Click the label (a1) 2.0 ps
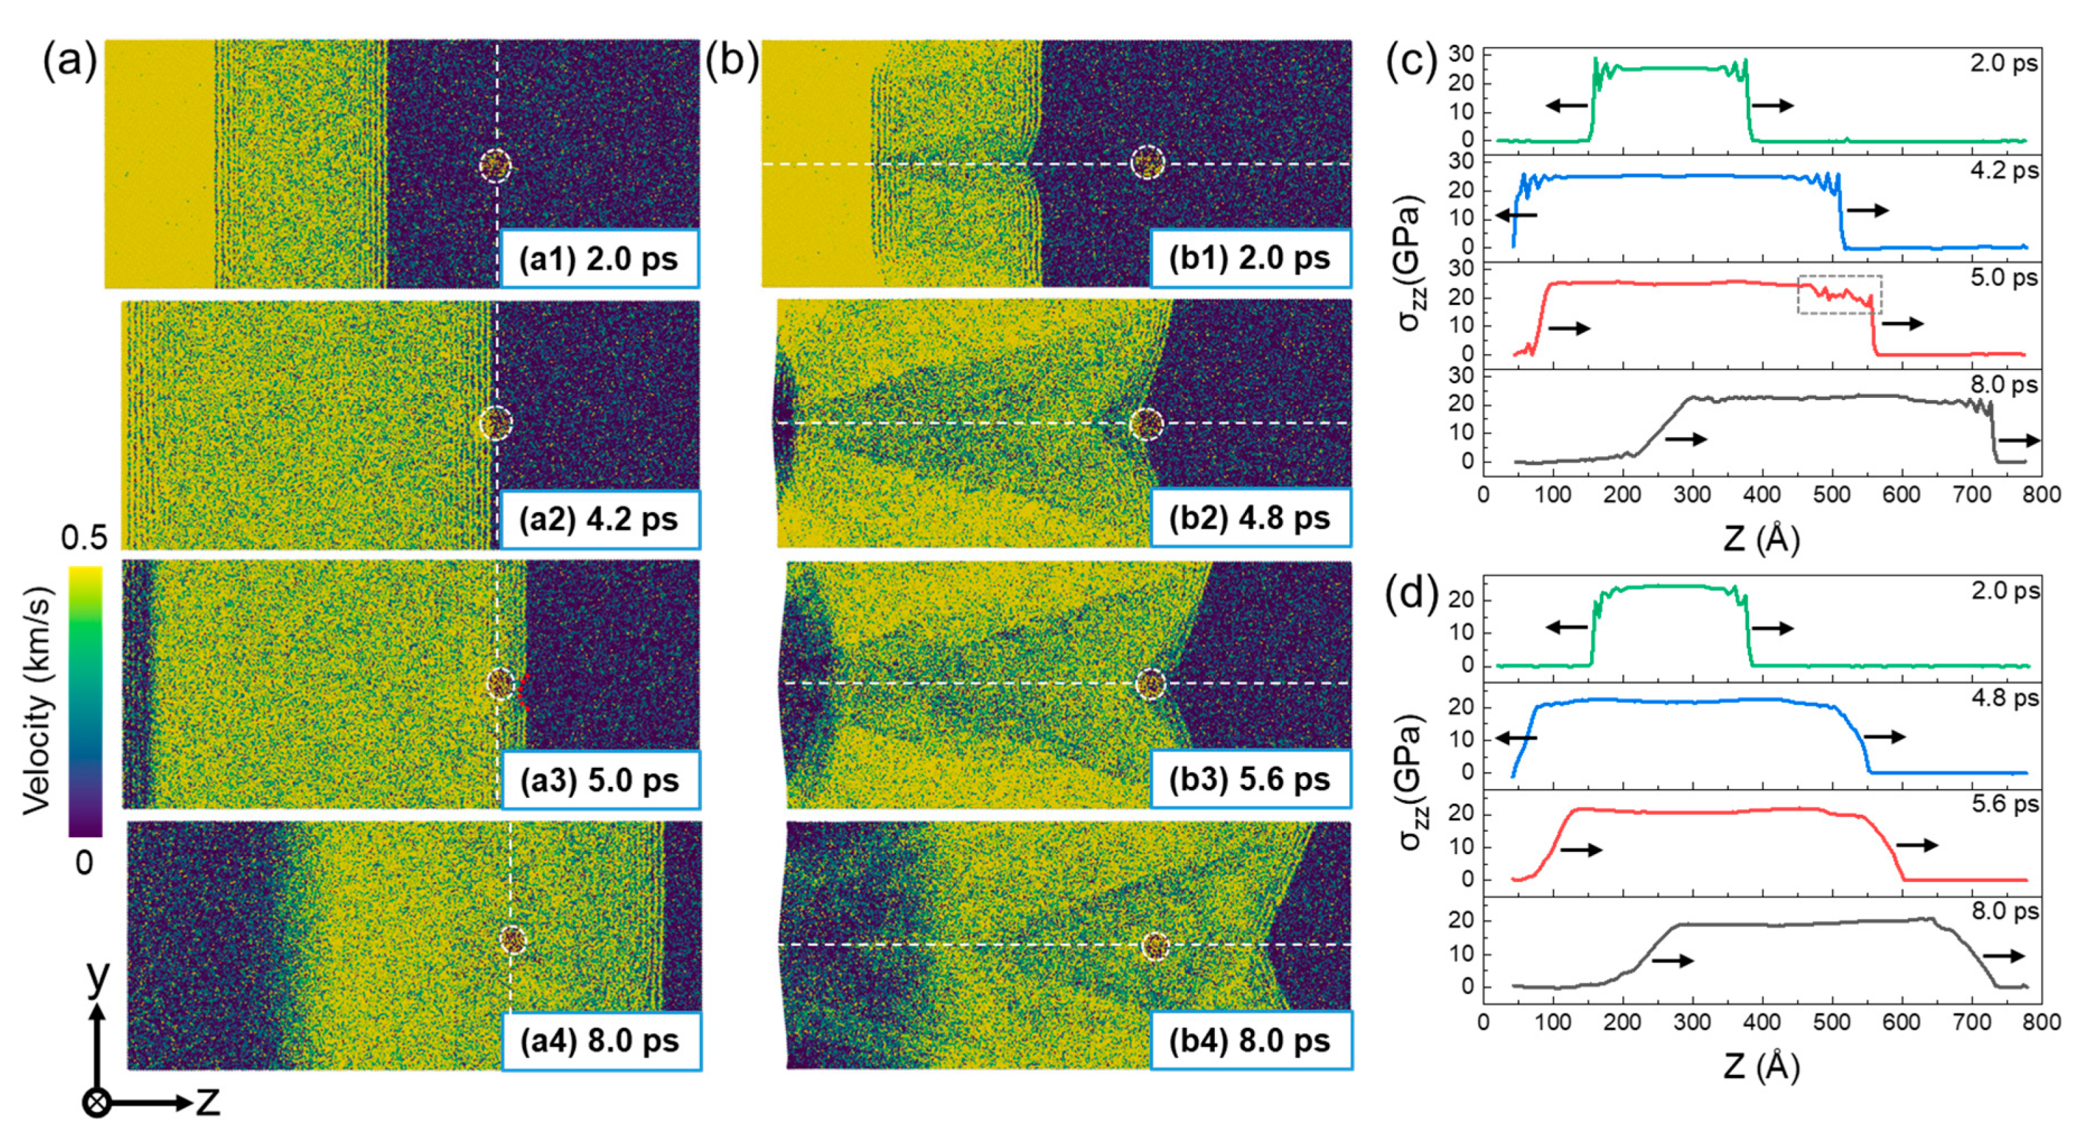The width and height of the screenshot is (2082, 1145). pos(599,259)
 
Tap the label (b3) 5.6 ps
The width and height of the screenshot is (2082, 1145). pos(1249,780)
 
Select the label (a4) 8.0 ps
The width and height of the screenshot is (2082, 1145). pos(600,1041)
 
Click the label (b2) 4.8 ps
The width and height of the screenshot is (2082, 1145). pos(1249,519)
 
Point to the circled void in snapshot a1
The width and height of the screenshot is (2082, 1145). pos(495,166)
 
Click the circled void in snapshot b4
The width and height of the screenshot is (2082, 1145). pos(1155,946)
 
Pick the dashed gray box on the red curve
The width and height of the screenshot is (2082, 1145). pos(1840,295)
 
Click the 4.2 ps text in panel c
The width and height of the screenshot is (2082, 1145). pos(2004,171)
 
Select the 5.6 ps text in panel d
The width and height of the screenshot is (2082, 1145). pos(2005,804)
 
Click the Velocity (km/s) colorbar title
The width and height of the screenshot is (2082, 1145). pos(38,699)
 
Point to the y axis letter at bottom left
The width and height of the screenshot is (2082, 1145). pos(97,976)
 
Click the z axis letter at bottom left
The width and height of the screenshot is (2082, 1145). pos(208,1102)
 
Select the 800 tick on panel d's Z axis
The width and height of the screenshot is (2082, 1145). pos(2041,1022)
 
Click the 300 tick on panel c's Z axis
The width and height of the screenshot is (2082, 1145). pos(1691,495)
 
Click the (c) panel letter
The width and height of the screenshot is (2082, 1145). pos(1411,62)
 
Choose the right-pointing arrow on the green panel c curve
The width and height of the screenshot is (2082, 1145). pos(1773,105)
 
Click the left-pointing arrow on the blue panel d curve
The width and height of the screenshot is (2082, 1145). pos(1517,738)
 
